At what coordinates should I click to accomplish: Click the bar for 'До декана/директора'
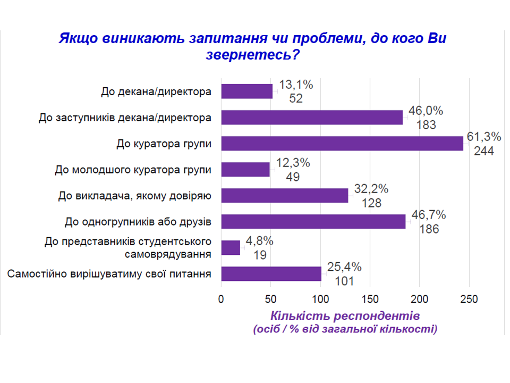[x=246, y=91]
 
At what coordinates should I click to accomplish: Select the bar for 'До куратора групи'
[x=342, y=144]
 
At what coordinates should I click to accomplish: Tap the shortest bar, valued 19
[x=231, y=248]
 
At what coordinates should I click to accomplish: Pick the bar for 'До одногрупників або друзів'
[x=313, y=222]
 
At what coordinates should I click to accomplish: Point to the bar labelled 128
[x=284, y=196]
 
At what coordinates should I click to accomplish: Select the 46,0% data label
[x=426, y=111]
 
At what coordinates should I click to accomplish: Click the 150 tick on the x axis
[x=370, y=299]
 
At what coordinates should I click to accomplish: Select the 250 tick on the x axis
[x=469, y=299]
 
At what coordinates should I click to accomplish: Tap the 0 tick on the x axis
[x=221, y=299]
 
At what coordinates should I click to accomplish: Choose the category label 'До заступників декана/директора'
[x=125, y=118]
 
